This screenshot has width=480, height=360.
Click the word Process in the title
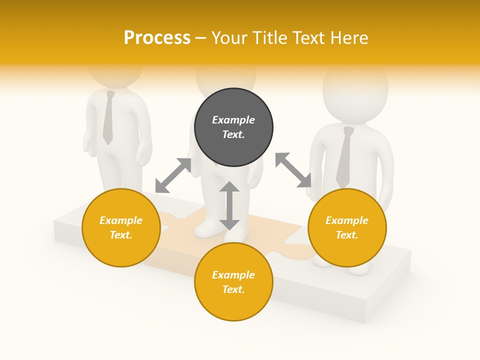(x=157, y=38)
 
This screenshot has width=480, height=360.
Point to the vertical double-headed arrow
(x=229, y=205)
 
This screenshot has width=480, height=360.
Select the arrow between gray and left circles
(x=173, y=175)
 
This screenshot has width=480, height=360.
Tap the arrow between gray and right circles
(x=293, y=170)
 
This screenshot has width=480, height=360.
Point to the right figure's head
(x=355, y=92)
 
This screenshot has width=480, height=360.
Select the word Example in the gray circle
(x=233, y=120)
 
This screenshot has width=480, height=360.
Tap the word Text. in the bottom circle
(x=233, y=289)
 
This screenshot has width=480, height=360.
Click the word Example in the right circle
(x=347, y=220)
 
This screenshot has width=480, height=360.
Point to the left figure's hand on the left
(x=89, y=142)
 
